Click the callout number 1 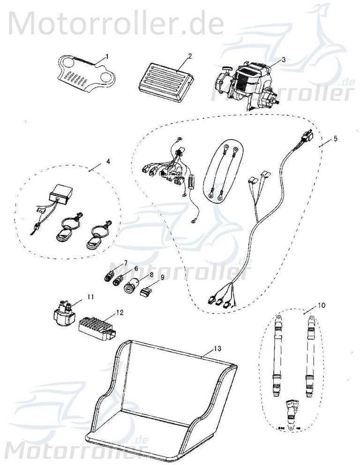pos(106,56)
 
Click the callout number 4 pos(108,162)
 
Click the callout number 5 pos(335,140)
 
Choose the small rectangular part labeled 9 pos(146,292)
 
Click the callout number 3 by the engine pos(283,59)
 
